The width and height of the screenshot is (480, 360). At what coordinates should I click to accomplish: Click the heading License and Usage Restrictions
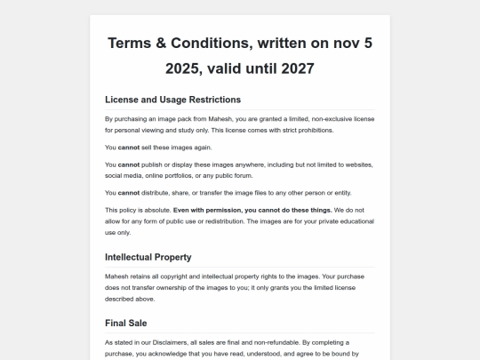click(x=172, y=100)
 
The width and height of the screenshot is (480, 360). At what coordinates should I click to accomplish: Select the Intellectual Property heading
click(x=148, y=257)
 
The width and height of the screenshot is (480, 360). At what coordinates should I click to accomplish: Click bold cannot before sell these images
click(x=129, y=147)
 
